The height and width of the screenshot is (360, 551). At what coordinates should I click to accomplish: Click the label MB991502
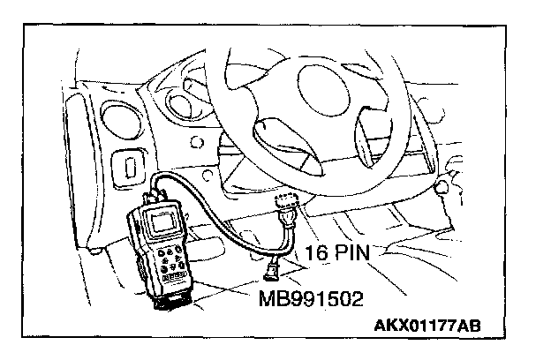[x=310, y=298]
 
